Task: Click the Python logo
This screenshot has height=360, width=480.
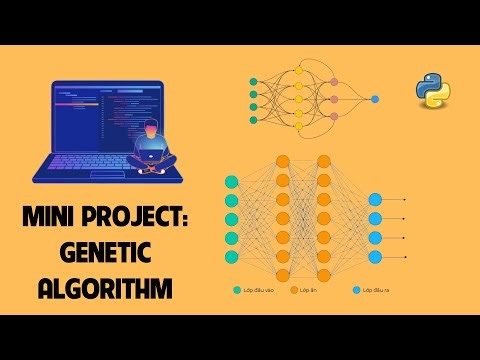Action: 433,91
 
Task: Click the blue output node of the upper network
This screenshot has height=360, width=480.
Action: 375,99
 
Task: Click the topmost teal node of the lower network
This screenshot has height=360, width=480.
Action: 233,181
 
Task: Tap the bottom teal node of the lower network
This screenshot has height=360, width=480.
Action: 233,256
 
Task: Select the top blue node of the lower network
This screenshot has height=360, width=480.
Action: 375,199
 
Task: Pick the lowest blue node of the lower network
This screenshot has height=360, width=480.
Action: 375,256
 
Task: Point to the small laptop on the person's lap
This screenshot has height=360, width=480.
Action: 155,153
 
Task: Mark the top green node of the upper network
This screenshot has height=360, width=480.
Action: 253,79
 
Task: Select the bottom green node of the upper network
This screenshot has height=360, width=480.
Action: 253,119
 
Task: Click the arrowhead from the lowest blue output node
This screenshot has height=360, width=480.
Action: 405,256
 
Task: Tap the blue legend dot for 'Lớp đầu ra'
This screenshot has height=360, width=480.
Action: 356,290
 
